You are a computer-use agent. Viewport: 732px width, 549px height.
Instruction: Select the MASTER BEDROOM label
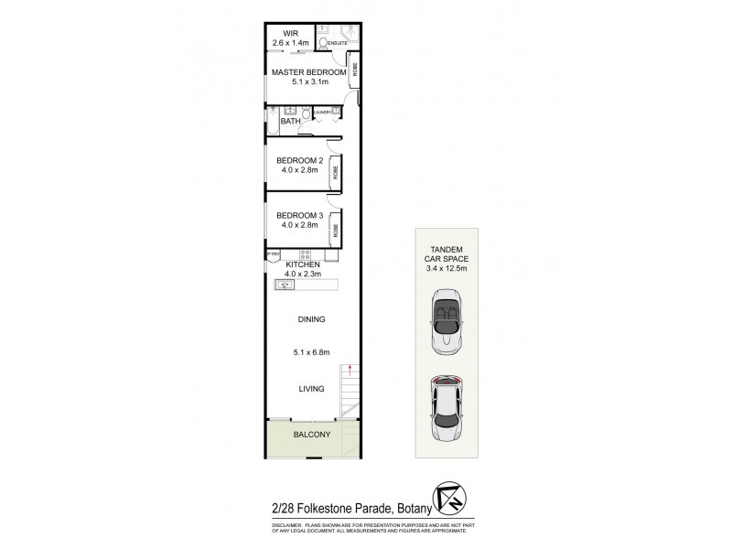pyautogui.click(x=307, y=71)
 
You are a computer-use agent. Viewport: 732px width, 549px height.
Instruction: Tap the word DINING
pyautogui.click(x=312, y=319)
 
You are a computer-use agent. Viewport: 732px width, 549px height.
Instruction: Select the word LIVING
pyautogui.click(x=312, y=389)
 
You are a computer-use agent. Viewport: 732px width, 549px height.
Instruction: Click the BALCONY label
pyautogui.click(x=312, y=435)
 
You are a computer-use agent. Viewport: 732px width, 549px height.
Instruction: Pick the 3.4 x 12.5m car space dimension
pyautogui.click(x=447, y=269)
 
